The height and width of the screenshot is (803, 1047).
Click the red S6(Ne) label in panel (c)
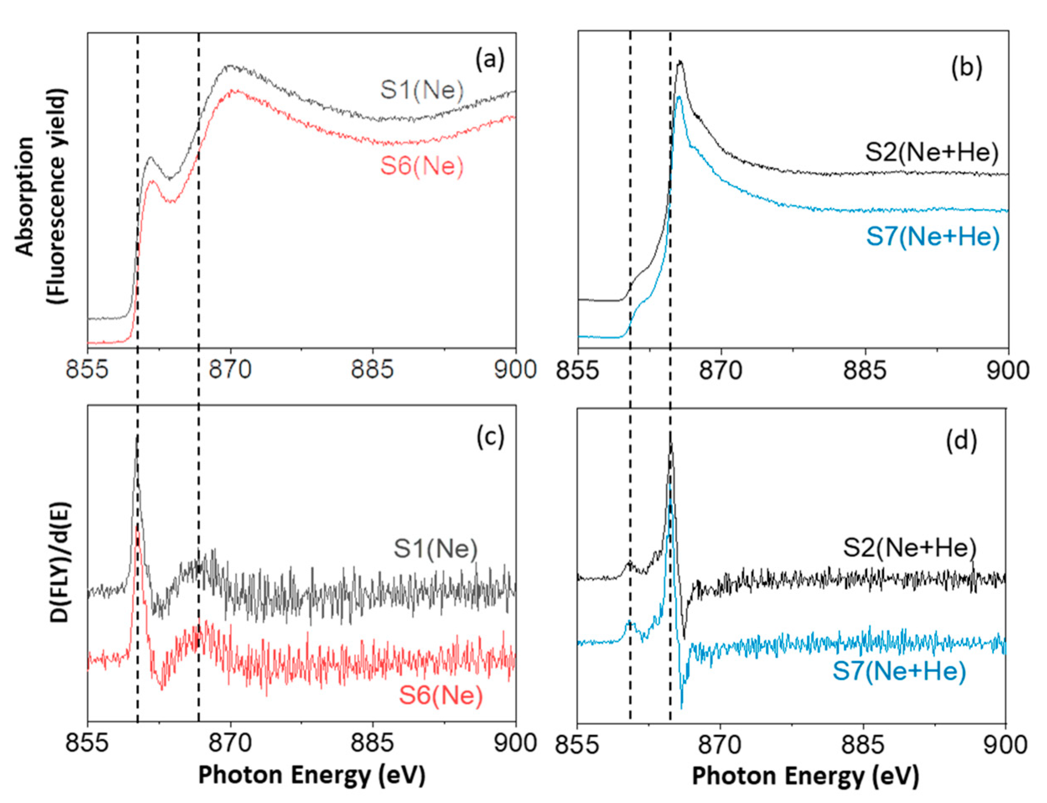pyautogui.click(x=441, y=695)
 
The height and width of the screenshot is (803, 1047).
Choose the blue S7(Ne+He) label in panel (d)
pyautogui.click(x=899, y=671)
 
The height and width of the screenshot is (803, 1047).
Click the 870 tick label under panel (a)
pyautogui.click(x=231, y=369)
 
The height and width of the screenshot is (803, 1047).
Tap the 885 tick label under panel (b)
pyautogui.click(x=864, y=370)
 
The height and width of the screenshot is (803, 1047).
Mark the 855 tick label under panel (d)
pyautogui.click(x=577, y=744)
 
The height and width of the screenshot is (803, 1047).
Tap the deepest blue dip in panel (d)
pyautogui.click(x=681, y=708)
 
